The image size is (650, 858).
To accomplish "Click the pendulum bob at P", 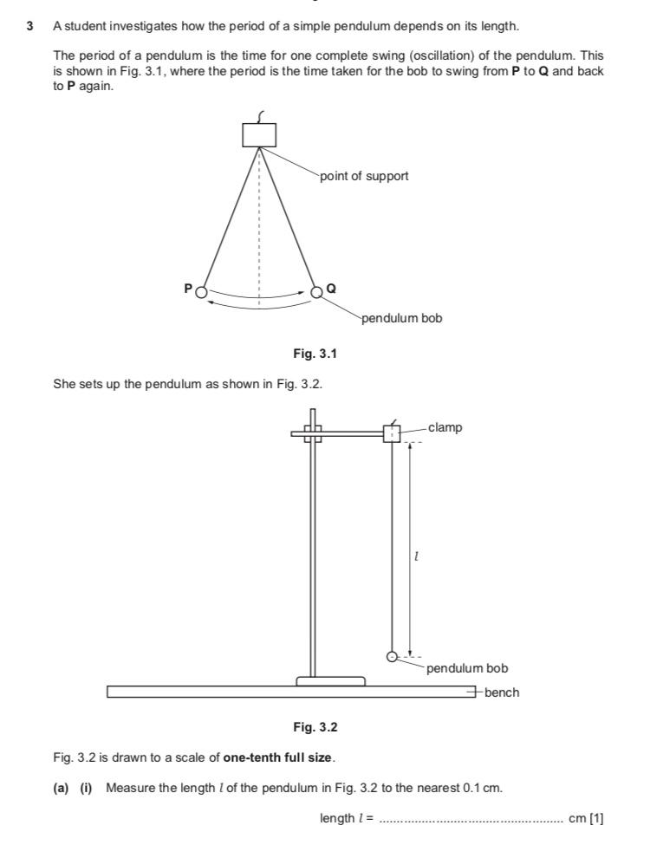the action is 201,292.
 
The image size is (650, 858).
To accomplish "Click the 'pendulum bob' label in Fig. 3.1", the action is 402,318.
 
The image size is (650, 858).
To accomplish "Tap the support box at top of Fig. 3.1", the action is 259,134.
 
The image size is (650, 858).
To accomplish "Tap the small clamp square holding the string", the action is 392,434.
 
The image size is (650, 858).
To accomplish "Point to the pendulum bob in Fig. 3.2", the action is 392,657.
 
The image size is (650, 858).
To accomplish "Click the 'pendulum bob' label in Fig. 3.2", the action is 466,668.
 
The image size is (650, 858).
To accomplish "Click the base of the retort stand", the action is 330,681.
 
